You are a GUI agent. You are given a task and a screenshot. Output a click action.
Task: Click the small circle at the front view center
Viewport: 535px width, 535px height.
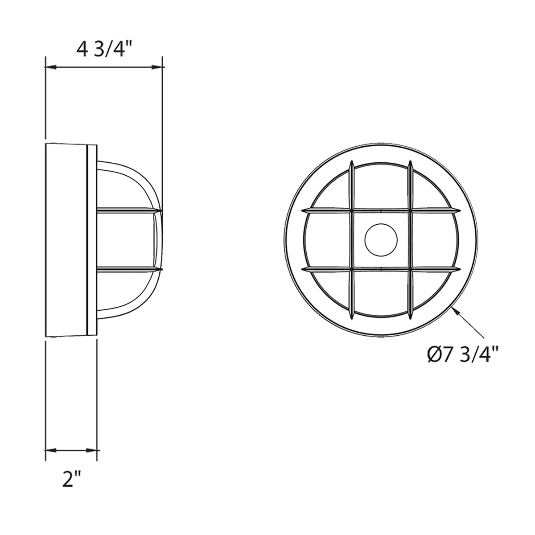click(x=381, y=239)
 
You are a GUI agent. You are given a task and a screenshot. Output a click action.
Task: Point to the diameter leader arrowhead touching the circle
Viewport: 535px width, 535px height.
click(x=456, y=309)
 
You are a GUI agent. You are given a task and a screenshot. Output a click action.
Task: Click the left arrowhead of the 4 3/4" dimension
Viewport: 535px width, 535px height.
click(x=50, y=67)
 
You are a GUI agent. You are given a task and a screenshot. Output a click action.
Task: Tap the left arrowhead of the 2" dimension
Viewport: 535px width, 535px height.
click(x=50, y=450)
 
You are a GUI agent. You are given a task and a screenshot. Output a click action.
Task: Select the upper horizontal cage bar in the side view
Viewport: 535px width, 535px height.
click(x=127, y=210)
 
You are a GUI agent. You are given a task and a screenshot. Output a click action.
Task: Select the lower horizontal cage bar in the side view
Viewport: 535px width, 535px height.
click(x=127, y=269)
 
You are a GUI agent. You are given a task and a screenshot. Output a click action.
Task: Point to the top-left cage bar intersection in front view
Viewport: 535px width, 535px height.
click(x=351, y=210)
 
